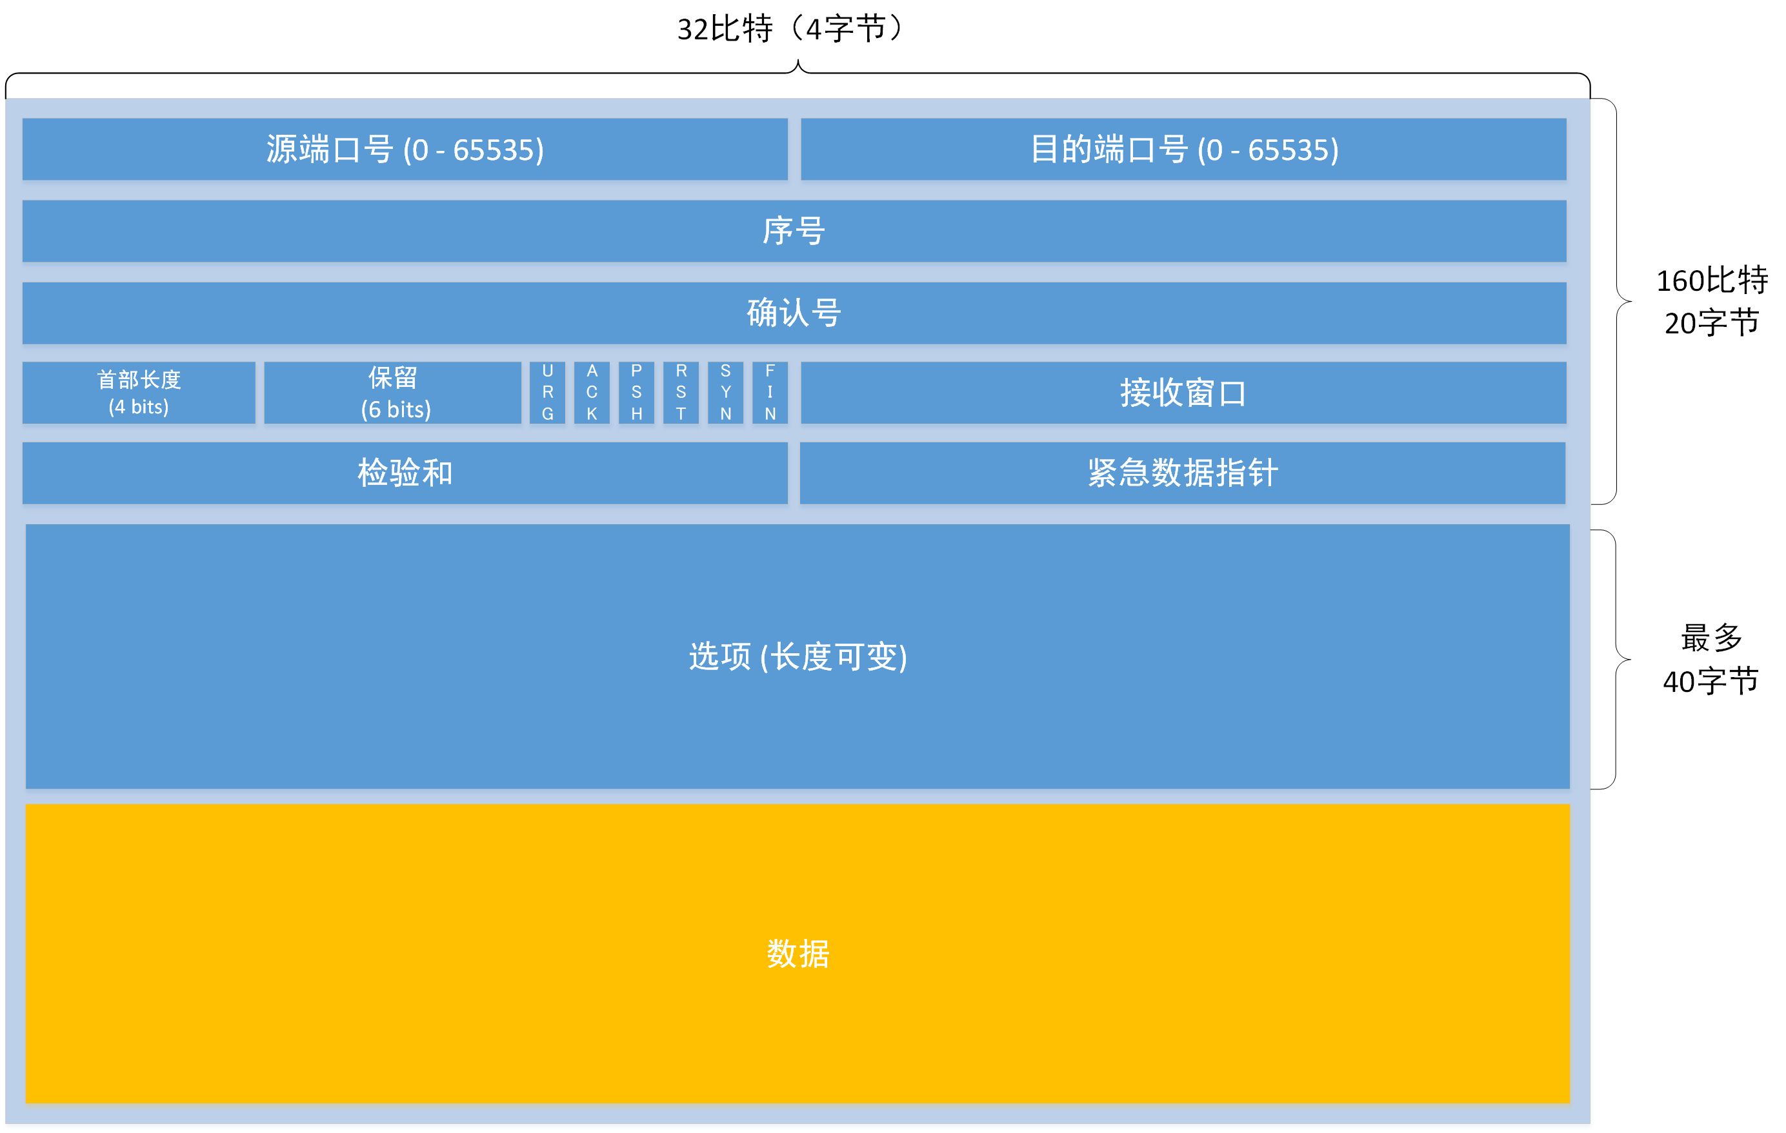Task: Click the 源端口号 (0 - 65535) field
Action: click(x=405, y=149)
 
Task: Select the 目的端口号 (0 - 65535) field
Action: click(x=1184, y=149)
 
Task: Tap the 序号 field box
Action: click(x=794, y=231)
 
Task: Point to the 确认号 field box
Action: click(x=794, y=312)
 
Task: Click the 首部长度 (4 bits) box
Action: click(x=139, y=392)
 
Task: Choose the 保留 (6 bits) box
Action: click(x=393, y=392)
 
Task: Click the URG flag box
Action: click(x=547, y=392)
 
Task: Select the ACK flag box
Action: click(x=592, y=392)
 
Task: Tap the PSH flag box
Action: click(x=636, y=392)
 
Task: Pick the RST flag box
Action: click(x=681, y=392)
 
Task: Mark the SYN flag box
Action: click(x=725, y=392)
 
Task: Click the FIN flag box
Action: click(x=770, y=392)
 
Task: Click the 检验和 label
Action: click(x=405, y=472)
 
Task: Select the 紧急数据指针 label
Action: click(x=1183, y=472)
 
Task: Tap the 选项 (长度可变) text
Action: click(x=798, y=656)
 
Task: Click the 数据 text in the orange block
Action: click(x=798, y=954)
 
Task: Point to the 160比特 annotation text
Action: click(x=1712, y=281)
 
